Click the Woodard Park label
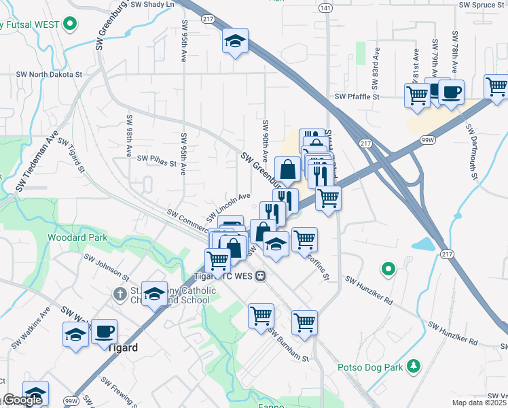coord(77,238)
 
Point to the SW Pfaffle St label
coord(357,97)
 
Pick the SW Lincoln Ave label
coord(229,207)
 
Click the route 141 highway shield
coord(327,7)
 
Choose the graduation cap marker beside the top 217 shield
coord(236,41)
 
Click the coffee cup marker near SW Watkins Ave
coord(104,332)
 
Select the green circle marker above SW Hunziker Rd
coord(388,269)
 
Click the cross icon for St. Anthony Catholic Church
coord(120,294)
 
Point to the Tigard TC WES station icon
coord(261,276)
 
